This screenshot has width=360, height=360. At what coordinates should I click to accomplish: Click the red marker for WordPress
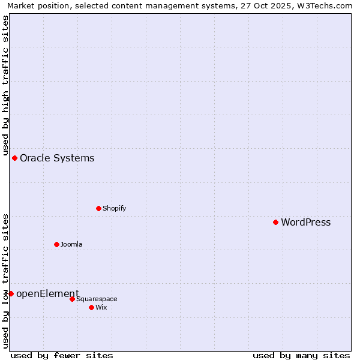(x=275, y=222)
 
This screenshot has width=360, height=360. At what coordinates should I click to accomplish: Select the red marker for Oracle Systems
(x=14, y=158)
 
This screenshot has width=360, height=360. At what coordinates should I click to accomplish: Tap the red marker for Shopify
(x=98, y=208)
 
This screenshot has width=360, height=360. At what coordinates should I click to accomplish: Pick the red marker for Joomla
(x=56, y=244)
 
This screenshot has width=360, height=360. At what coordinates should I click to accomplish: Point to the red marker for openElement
(x=11, y=293)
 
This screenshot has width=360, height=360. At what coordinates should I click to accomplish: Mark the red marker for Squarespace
(x=72, y=299)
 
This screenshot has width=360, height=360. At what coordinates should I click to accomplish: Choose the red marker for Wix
(x=91, y=307)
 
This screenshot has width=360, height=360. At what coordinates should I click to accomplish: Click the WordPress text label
(x=305, y=223)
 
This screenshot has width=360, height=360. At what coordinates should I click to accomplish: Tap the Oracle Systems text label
(x=57, y=158)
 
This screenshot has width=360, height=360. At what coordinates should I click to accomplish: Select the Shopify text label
(x=114, y=209)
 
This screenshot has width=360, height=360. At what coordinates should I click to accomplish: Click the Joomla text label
(x=71, y=245)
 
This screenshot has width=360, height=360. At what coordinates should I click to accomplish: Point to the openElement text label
(x=47, y=294)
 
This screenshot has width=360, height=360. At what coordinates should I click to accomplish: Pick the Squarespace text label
(x=97, y=299)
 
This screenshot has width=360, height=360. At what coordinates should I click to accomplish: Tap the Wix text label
(x=101, y=308)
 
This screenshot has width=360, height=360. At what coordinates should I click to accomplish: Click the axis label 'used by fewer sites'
(x=62, y=355)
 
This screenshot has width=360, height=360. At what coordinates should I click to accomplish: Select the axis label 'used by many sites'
(x=301, y=355)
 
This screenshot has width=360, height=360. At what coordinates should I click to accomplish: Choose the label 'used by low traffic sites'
(x=6, y=280)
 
